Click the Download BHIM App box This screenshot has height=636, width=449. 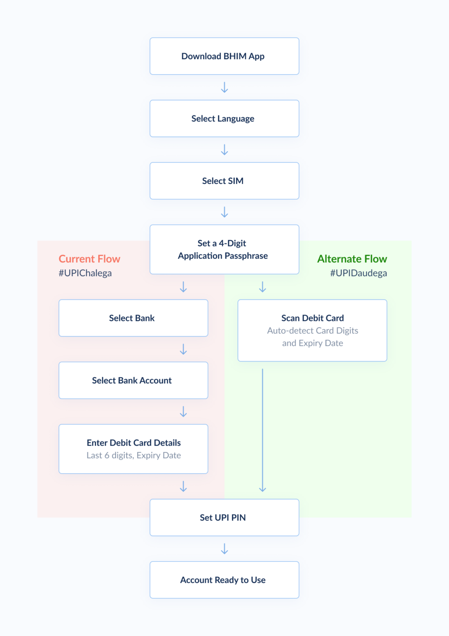[224, 56]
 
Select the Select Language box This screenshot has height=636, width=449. [224, 118]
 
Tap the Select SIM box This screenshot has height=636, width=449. [224, 181]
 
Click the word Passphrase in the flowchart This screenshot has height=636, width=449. [246, 256]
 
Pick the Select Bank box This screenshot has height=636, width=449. [133, 318]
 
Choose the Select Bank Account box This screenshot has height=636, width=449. [133, 381]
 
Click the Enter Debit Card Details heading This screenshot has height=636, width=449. [133, 443]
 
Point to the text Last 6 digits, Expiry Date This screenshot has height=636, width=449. [133, 455]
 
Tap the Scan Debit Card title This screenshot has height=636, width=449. [312, 318]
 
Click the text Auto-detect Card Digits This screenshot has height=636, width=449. [312, 330]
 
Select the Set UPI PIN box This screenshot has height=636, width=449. [224, 518]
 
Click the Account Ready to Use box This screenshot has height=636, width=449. [224, 580]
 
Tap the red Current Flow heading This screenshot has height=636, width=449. [89, 259]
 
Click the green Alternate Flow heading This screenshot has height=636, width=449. [352, 259]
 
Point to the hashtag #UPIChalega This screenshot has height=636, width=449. [85, 273]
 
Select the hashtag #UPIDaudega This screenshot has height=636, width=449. [358, 273]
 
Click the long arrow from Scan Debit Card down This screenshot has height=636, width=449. [262, 431]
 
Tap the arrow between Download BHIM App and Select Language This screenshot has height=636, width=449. [224, 87]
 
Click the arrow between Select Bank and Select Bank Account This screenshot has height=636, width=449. [183, 349]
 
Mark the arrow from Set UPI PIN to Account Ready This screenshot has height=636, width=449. [224, 549]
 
